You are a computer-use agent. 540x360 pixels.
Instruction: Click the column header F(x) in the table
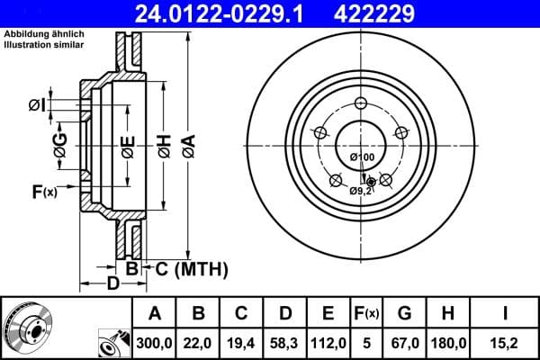point(366,314)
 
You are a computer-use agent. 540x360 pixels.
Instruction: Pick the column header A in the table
point(155,314)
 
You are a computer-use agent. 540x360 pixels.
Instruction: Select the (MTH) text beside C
point(199,269)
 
